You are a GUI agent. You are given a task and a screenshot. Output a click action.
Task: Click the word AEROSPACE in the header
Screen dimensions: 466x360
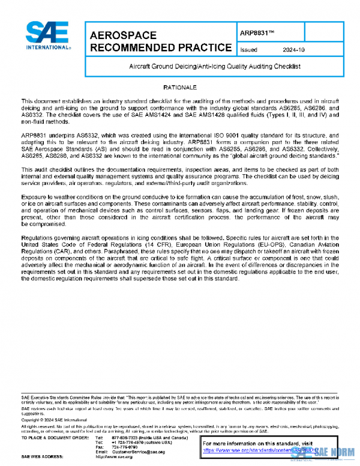(x=123, y=35)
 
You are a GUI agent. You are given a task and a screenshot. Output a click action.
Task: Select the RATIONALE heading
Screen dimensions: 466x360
(x=179, y=88)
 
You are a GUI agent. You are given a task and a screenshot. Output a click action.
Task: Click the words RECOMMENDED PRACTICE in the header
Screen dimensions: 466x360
(x=160, y=48)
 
